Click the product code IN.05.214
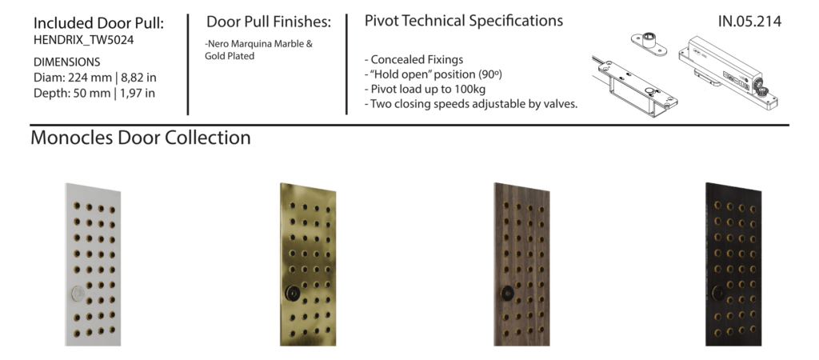pyautogui.click(x=749, y=22)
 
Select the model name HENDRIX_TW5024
pyautogui.click(x=83, y=40)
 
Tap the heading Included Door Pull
pyautogui.click(x=98, y=23)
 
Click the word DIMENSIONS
pyautogui.click(x=67, y=62)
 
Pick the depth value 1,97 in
pyautogui.click(x=138, y=94)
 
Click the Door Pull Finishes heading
pyautogui.click(x=269, y=22)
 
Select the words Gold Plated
pyautogui.click(x=230, y=56)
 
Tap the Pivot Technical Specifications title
pyautogui.click(x=464, y=21)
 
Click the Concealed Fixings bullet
pyautogui.click(x=413, y=59)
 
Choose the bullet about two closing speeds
pyautogui.click(x=471, y=103)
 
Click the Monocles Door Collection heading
pyautogui.click(x=141, y=138)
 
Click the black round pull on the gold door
pyautogui.click(x=292, y=293)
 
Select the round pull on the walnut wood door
pyautogui.click(x=506, y=293)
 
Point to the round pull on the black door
pyautogui.click(x=717, y=293)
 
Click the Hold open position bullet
pyautogui.click(x=433, y=74)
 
